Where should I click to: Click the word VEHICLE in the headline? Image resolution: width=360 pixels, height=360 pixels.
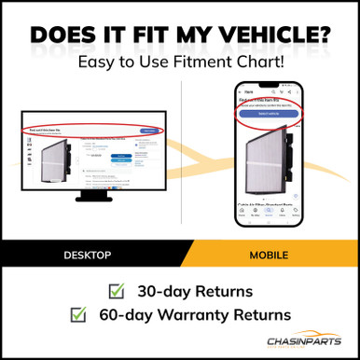(x=270, y=34)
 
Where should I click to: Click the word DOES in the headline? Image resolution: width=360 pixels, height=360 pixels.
(x=69, y=34)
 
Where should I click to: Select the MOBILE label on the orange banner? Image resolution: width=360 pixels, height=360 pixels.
(x=270, y=254)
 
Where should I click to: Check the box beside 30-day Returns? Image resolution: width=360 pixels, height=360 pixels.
(x=117, y=290)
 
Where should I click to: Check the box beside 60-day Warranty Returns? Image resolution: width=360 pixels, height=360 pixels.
(x=78, y=315)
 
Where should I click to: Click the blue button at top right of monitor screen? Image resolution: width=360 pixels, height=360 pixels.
(x=147, y=132)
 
